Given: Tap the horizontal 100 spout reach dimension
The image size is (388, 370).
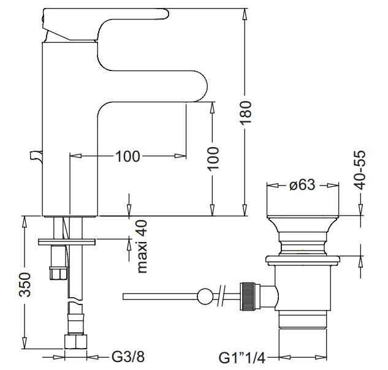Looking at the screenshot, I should tap(127, 156).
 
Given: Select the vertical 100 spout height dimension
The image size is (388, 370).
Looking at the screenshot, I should tap(213, 160).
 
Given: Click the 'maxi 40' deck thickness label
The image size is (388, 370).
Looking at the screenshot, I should tap(143, 246).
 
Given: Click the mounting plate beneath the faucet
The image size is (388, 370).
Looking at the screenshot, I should tap(67, 240).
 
